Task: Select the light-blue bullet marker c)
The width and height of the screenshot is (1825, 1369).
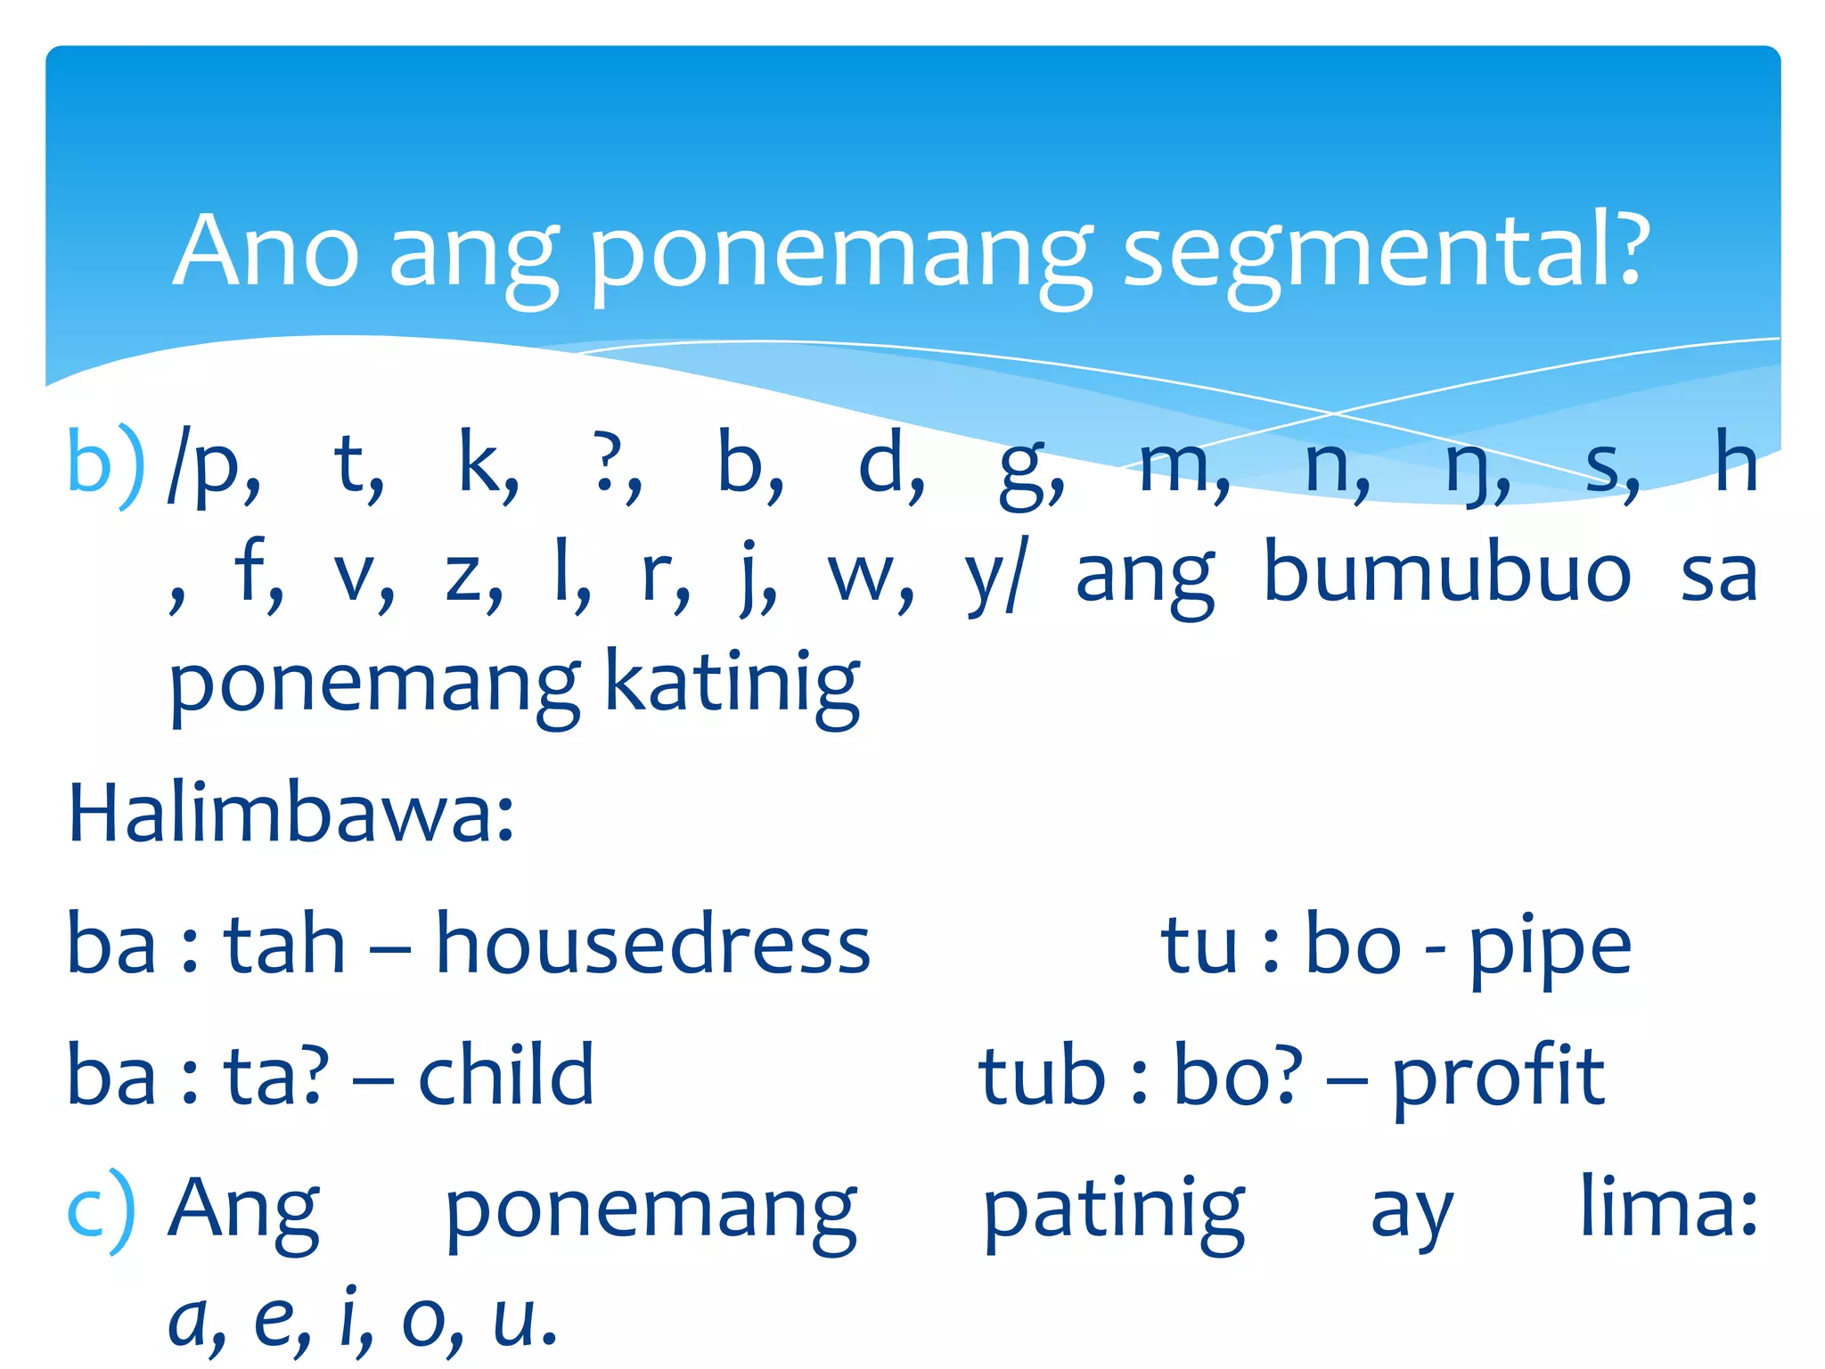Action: click(x=102, y=1210)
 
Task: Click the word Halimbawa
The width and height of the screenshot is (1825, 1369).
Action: click(x=291, y=813)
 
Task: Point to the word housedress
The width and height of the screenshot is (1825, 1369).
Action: click(x=652, y=945)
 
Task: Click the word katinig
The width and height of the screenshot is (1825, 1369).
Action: click(x=732, y=684)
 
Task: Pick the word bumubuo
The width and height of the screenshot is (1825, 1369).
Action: click(x=1447, y=574)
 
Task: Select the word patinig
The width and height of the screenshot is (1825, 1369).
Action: click(x=1114, y=1210)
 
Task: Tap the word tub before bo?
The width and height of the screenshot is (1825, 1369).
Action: click(x=1043, y=1077)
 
